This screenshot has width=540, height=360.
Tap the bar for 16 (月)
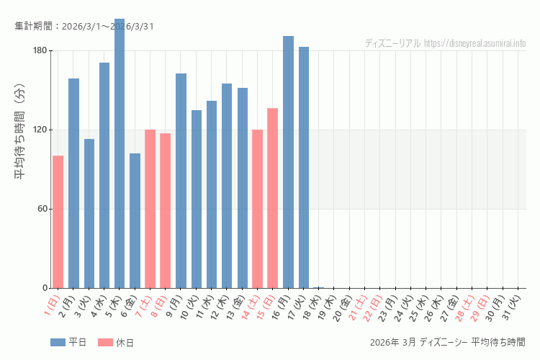tap(288, 162)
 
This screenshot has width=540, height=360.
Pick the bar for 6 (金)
tap(135, 220)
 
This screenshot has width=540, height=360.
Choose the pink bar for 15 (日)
tap(273, 198)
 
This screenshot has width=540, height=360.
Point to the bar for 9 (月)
tap(181, 181)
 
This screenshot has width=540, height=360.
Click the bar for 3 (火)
tap(89, 213)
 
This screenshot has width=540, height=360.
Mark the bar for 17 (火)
tap(304, 167)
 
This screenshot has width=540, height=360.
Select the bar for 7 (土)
tap(150, 209)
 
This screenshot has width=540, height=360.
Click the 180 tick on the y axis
tap(39, 50)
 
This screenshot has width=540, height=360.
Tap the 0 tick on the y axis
tap(44, 288)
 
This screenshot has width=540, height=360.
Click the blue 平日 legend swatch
tap(58, 343)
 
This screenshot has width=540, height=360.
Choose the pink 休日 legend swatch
tap(105, 343)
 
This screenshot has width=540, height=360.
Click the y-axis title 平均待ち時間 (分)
tap(20, 140)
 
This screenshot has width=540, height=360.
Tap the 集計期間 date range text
tap(84, 27)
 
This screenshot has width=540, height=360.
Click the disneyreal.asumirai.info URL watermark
tap(475, 43)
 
